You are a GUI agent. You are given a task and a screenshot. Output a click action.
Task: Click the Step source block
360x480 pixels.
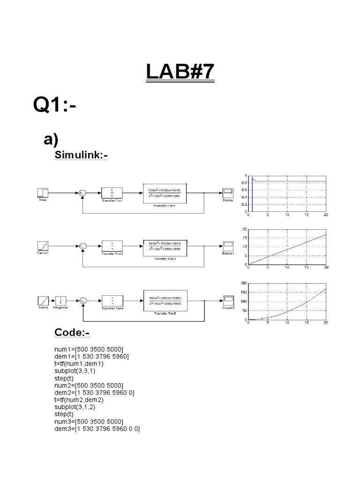pos(43,192)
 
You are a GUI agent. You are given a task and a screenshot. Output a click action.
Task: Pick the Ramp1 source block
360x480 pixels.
pos(43,245)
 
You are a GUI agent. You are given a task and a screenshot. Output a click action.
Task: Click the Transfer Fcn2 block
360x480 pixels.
pos(111,245)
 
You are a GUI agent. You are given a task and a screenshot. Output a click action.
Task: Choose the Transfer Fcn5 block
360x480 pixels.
pos(164,300)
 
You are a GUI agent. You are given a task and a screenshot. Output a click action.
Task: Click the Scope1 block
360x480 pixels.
pos(228,245)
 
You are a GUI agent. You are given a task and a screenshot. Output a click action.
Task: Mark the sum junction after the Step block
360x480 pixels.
pos(82,192)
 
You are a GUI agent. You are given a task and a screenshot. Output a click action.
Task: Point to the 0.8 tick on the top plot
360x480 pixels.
pos(243,183)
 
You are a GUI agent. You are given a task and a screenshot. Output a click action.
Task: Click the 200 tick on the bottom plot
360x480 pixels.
pos(242,284)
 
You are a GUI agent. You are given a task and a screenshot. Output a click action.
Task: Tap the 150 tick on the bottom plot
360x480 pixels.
pos(242,292)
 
